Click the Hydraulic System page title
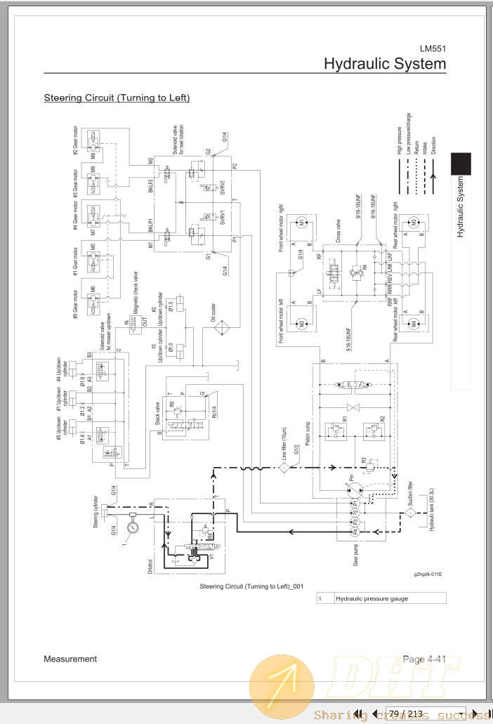click(384, 64)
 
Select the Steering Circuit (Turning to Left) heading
click(117, 98)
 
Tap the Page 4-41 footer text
click(423, 659)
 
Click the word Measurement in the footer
click(70, 659)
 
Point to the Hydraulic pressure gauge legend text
click(372, 598)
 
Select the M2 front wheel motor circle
click(301, 324)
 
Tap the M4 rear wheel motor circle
click(414, 324)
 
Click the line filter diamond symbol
click(284, 466)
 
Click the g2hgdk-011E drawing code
click(428, 574)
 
